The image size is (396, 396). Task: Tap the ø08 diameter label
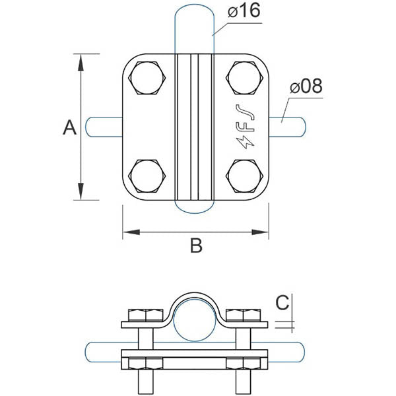(x=306, y=87)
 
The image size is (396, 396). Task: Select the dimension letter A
(x=69, y=127)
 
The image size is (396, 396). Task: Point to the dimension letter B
(x=195, y=246)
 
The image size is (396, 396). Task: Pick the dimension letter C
(x=282, y=303)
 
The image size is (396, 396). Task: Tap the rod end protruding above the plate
(x=195, y=30)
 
